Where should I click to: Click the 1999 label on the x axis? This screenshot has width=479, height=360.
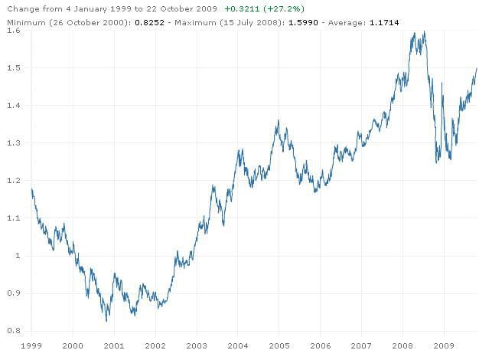pos(31,345)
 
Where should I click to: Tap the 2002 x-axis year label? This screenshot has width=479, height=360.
pos(155,345)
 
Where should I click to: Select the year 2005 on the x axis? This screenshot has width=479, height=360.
pos(279,345)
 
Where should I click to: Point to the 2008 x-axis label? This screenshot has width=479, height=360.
pos(402,345)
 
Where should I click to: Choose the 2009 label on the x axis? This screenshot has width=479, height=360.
pos(444,345)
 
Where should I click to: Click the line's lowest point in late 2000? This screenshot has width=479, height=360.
pos(107,320)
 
